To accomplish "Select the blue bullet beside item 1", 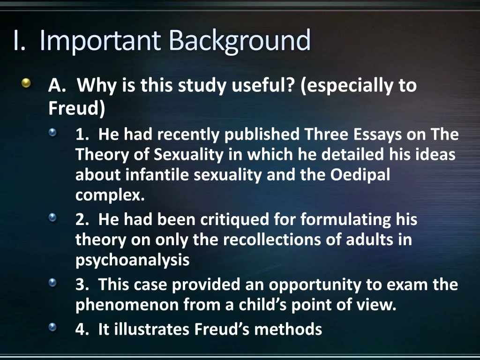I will click(53, 134).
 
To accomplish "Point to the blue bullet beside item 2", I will click(53, 218).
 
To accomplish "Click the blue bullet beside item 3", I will click(53, 283).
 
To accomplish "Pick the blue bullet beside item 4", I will click(53, 327).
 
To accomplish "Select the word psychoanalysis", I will click(132, 260).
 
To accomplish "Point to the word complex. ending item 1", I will click(110, 195).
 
